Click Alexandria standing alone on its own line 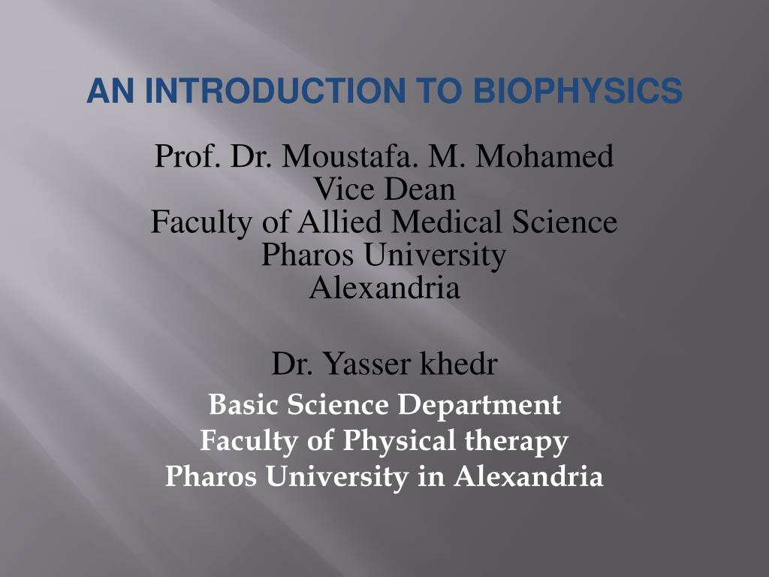tap(384, 288)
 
